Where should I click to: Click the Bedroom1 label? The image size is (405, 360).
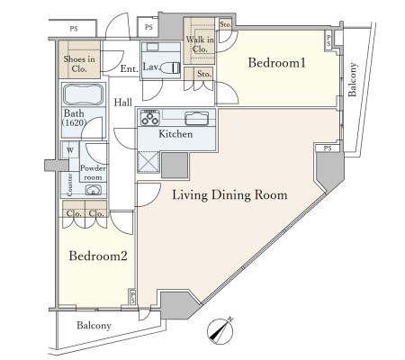[276, 63]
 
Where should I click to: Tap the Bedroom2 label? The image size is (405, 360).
[98, 256]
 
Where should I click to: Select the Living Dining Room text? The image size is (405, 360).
[229, 195]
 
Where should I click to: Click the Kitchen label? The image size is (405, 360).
[175, 134]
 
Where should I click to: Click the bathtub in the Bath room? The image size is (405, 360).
[84, 94]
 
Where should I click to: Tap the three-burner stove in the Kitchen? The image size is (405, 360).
[150, 117]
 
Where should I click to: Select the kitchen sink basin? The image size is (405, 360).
[197, 118]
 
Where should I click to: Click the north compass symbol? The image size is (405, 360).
[220, 331]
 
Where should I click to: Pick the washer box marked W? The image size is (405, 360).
[70, 150]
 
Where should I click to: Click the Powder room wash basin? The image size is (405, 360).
[94, 190]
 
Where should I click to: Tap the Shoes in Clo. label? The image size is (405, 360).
[79, 64]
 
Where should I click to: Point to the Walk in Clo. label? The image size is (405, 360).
[200, 44]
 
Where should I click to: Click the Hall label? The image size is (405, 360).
[123, 103]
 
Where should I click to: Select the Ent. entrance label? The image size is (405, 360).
[130, 68]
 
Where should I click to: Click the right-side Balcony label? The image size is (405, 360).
[353, 79]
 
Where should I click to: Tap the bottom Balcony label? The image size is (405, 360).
[94, 326]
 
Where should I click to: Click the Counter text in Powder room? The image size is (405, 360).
[69, 184]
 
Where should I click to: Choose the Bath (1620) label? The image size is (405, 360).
[75, 118]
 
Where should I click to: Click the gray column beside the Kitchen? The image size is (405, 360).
[175, 166]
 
